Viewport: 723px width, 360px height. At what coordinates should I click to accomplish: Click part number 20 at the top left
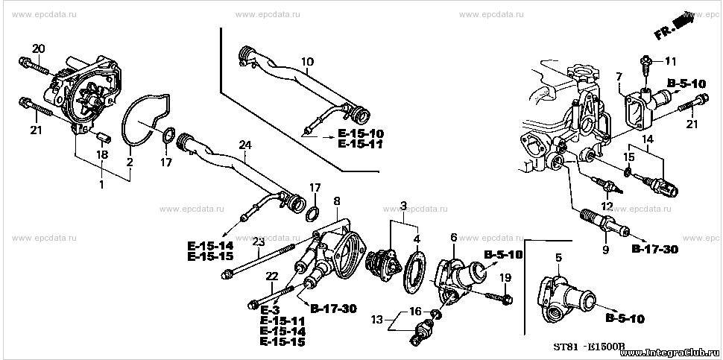(x=39, y=48)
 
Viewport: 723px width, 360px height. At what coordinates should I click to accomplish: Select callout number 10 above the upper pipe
(x=308, y=61)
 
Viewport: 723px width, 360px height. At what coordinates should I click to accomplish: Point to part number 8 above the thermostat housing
(x=337, y=200)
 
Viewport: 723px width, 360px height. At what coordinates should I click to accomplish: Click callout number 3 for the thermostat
(x=403, y=205)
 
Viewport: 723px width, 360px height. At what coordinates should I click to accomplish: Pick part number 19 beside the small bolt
(x=506, y=277)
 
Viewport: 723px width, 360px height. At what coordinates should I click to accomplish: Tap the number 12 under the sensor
(x=607, y=206)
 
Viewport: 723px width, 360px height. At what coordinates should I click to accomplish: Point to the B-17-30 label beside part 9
(x=654, y=250)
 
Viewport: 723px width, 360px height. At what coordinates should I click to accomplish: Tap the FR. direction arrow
(x=674, y=29)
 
